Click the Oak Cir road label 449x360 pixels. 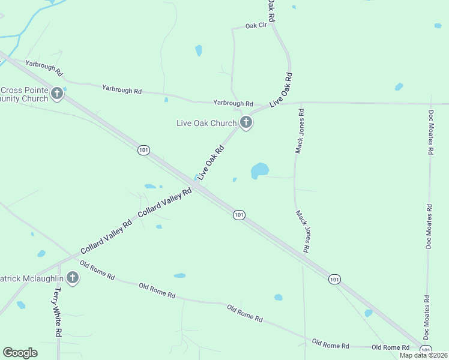[256, 26]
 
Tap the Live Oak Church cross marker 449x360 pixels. [246, 123]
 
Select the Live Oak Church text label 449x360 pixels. [206, 124]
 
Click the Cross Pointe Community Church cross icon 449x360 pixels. [57, 94]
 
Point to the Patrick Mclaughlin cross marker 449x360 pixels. [73, 278]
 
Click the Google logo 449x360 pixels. [20, 353]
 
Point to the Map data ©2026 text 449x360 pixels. [424, 355]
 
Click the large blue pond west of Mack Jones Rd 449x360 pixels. [259, 170]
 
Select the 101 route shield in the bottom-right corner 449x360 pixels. [426, 350]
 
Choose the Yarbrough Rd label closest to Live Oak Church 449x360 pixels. [234, 103]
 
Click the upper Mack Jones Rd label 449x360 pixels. [300, 131]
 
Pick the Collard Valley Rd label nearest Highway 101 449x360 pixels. [165, 203]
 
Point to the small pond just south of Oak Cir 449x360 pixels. [198, 50]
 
